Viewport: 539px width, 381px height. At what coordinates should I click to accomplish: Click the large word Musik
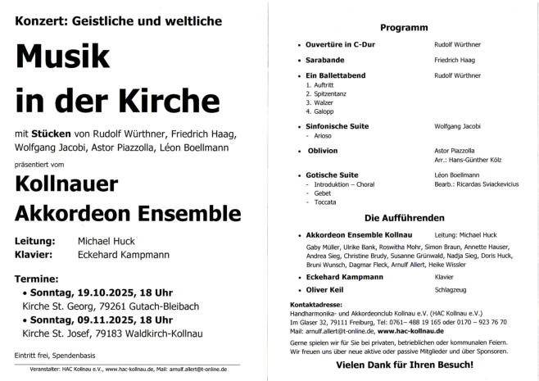click(61, 56)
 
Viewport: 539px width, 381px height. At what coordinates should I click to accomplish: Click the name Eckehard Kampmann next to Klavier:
click(123, 255)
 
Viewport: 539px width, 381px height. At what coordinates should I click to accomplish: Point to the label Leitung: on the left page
click(35, 242)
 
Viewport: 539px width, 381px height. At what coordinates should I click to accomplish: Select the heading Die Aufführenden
click(404, 218)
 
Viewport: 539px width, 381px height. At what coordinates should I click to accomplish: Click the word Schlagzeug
click(451, 289)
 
